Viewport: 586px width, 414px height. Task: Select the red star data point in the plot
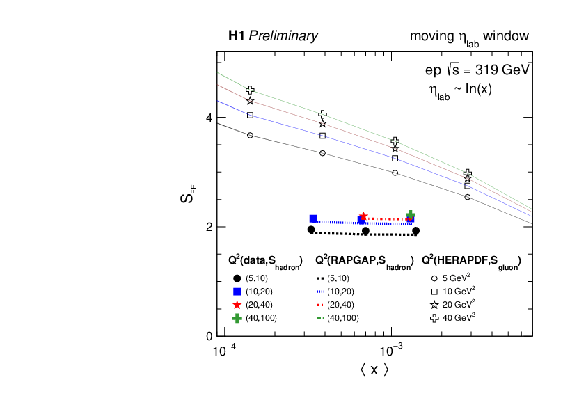[363, 217]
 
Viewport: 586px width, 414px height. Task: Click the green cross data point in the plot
[411, 216]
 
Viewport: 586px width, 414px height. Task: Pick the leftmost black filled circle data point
[311, 230]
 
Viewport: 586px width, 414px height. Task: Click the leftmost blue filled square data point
[313, 218]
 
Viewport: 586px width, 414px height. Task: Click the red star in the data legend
[237, 304]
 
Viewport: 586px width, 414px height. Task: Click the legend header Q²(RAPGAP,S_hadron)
[364, 261]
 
